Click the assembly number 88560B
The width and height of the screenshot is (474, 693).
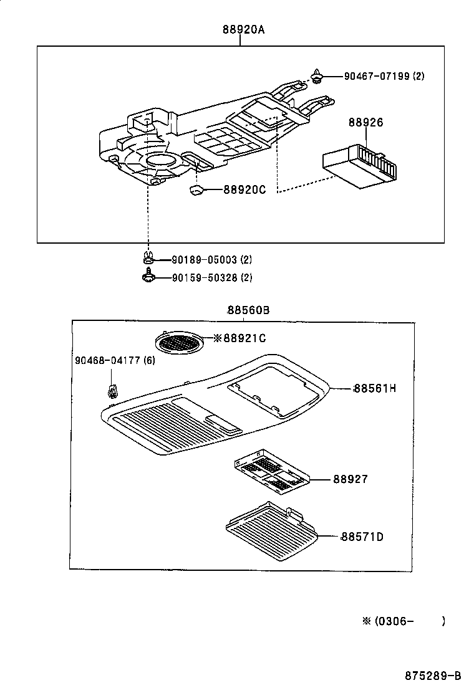pos(248,310)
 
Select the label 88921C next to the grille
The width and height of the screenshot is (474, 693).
pos(240,338)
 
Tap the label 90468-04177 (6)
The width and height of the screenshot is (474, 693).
pos(115,361)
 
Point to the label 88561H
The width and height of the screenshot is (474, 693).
pos(375,388)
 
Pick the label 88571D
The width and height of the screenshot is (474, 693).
pos(362,536)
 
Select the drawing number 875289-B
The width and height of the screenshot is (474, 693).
pos(432,676)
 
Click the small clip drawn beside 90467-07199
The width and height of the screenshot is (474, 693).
pos(317,77)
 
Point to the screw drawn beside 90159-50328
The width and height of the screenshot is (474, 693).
pos(148,277)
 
